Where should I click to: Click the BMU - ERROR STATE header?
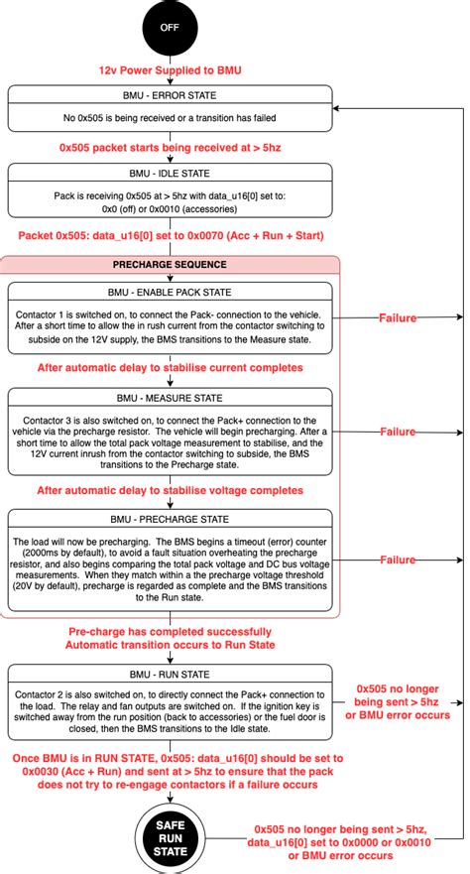(171, 94)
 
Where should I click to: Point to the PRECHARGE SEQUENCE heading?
(171, 265)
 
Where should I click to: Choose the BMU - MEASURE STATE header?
(171, 396)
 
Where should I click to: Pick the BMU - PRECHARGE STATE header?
(171, 519)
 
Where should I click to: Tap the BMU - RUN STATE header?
(171, 676)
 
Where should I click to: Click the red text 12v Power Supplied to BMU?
(171, 70)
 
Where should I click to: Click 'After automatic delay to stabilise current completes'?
(171, 367)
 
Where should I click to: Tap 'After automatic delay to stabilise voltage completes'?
(171, 490)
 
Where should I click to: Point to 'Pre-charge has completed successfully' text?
(171, 632)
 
